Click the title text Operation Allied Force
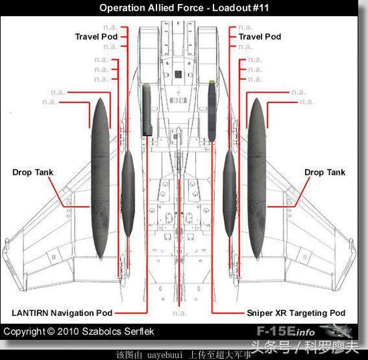click(x=151, y=8)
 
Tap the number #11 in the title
click(x=260, y=8)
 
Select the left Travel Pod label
click(x=96, y=37)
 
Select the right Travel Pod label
click(x=260, y=37)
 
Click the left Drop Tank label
click(x=33, y=172)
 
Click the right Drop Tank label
click(x=325, y=172)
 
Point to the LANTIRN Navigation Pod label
click(x=62, y=313)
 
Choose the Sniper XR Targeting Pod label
click(x=296, y=313)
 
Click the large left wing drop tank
click(x=100, y=179)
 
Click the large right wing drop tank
click(x=257, y=179)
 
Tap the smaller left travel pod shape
click(x=128, y=193)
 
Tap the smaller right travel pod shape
click(x=229, y=193)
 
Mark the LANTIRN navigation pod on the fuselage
click(x=147, y=110)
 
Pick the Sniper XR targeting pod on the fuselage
click(x=211, y=111)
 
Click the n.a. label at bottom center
click(x=180, y=313)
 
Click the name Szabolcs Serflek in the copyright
click(x=118, y=331)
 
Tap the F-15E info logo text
click(x=286, y=331)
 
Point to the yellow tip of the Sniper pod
click(x=212, y=82)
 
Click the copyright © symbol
click(x=51, y=331)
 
